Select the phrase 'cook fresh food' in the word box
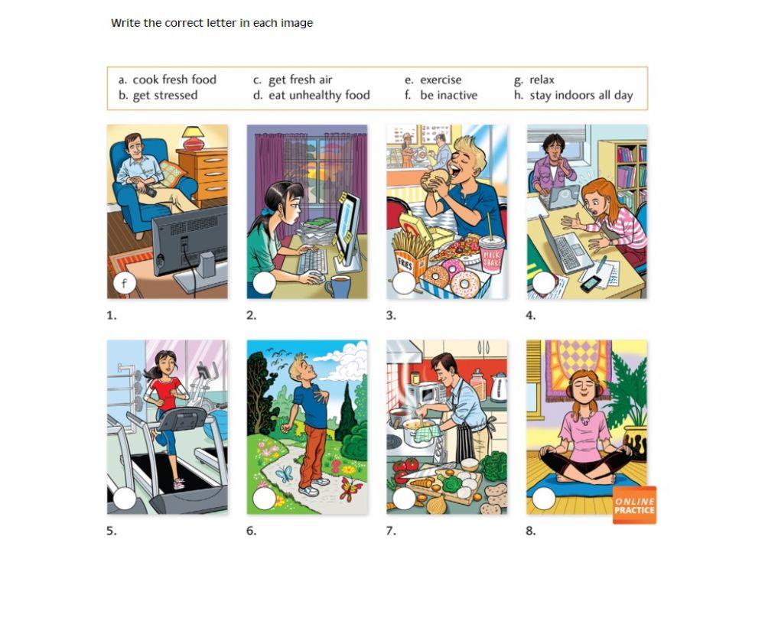tap(174, 80)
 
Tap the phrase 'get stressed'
tap(164, 96)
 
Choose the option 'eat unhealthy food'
tap(318, 96)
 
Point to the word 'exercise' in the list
tap(441, 80)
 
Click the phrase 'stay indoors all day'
tap(581, 96)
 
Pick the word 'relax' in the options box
tap(542, 80)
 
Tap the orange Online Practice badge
tap(634, 506)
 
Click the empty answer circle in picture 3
tap(403, 284)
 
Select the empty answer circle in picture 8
tap(544, 499)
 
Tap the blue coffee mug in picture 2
tap(337, 287)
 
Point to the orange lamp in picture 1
tap(193, 138)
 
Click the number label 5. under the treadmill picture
tap(112, 531)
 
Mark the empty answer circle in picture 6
tap(264, 499)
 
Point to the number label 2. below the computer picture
tap(252, 315)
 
